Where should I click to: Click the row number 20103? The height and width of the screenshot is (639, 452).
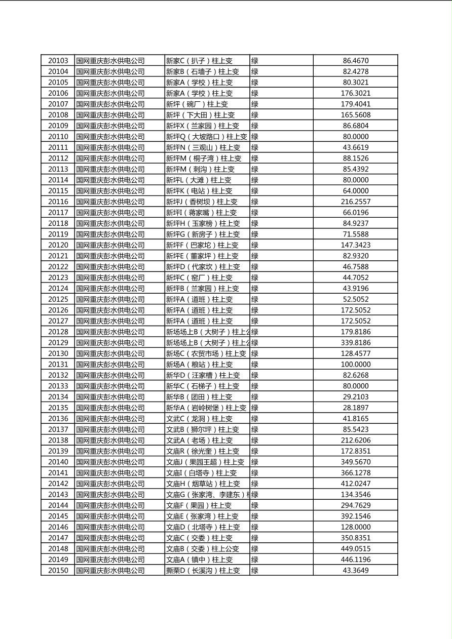coord(58,61)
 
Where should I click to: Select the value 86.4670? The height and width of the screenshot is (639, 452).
coord(355,61)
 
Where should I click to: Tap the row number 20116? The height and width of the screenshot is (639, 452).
coord(58,202)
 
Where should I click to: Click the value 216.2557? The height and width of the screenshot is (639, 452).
coord(355,202)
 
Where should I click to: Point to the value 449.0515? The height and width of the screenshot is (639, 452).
coord(355,549)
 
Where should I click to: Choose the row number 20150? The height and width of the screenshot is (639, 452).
coord(58,571)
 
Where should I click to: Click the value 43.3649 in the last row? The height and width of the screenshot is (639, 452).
coord(355,571)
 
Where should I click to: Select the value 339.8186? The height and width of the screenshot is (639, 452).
coord(355,343)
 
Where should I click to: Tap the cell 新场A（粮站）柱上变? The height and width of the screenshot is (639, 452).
coord(199,365)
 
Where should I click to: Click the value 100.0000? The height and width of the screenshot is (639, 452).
coord(355,365)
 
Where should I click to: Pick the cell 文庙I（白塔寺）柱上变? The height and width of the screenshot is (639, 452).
coord(201,473)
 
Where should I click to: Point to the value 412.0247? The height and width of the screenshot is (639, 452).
coord(355,484)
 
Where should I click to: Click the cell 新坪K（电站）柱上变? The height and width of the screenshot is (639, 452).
coord(199,191)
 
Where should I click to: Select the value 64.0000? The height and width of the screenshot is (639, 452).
coord(355,191)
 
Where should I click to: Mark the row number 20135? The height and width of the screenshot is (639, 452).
coord(58,408)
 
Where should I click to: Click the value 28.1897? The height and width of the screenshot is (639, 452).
coord(355,408)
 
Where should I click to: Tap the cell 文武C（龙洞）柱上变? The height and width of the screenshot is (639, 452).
coord(199,419)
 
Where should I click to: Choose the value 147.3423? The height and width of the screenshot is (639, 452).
coord(355,245)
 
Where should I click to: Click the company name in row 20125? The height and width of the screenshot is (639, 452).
coord(110,299)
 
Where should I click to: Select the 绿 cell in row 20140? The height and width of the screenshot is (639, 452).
coord(255,462)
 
